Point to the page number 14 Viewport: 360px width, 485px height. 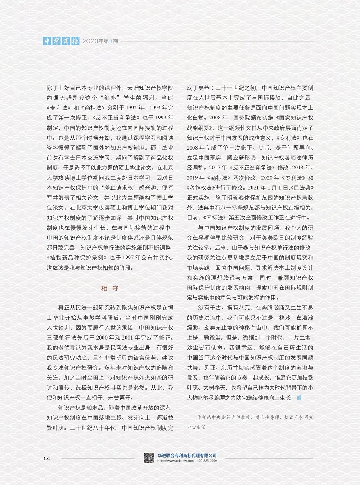[47, 458]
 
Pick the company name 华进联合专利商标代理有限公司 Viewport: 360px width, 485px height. [188, 455]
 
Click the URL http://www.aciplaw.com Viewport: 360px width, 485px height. [176, 461]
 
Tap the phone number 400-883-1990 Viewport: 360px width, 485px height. [207, 461]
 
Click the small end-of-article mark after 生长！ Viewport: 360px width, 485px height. [299, 398]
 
